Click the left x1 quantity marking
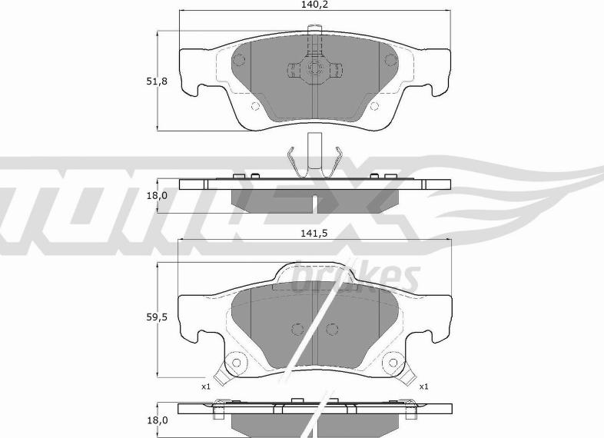click(x=206, y=386)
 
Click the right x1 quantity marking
click(x=423, y=386)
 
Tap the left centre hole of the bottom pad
click(x=297, y=329)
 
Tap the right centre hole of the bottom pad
click(x=332, y=329)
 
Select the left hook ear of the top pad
click(x=192, y=88)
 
